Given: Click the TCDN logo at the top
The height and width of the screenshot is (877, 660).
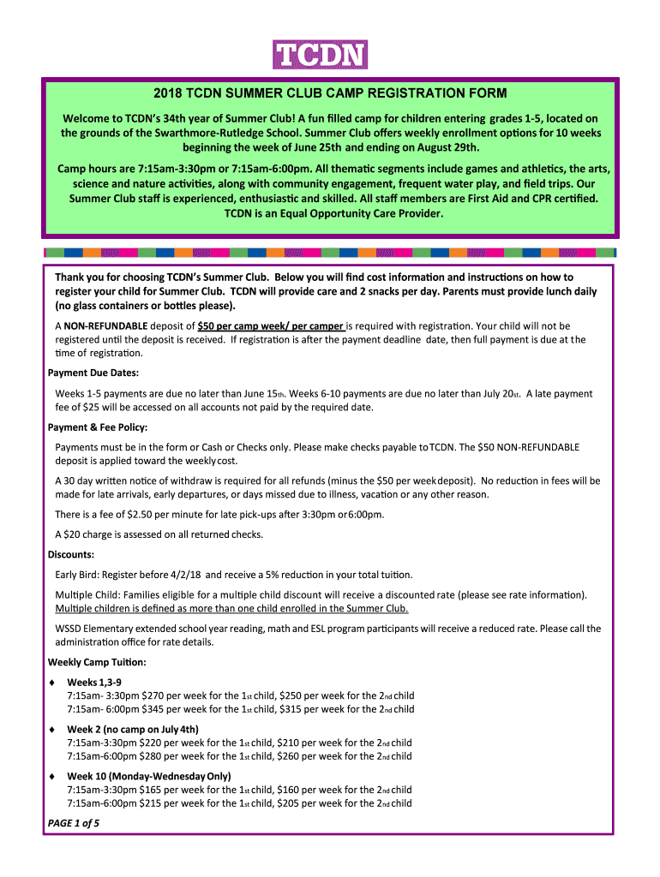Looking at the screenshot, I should (x=320, y=55).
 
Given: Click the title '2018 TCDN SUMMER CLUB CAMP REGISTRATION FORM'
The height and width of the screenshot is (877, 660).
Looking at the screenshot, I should (x=330, y=92).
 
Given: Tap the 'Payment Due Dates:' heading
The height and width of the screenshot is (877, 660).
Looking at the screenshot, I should (x=93, y=373).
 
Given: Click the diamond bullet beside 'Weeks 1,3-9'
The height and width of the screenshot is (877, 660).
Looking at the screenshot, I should (x=52, y=682).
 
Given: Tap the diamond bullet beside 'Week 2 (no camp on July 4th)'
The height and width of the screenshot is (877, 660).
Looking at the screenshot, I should (x=52, y=729).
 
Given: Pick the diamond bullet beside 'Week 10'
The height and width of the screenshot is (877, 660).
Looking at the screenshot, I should (x=52, y=776).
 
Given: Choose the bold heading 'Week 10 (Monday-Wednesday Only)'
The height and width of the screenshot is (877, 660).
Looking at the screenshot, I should (x=149, y=776).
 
